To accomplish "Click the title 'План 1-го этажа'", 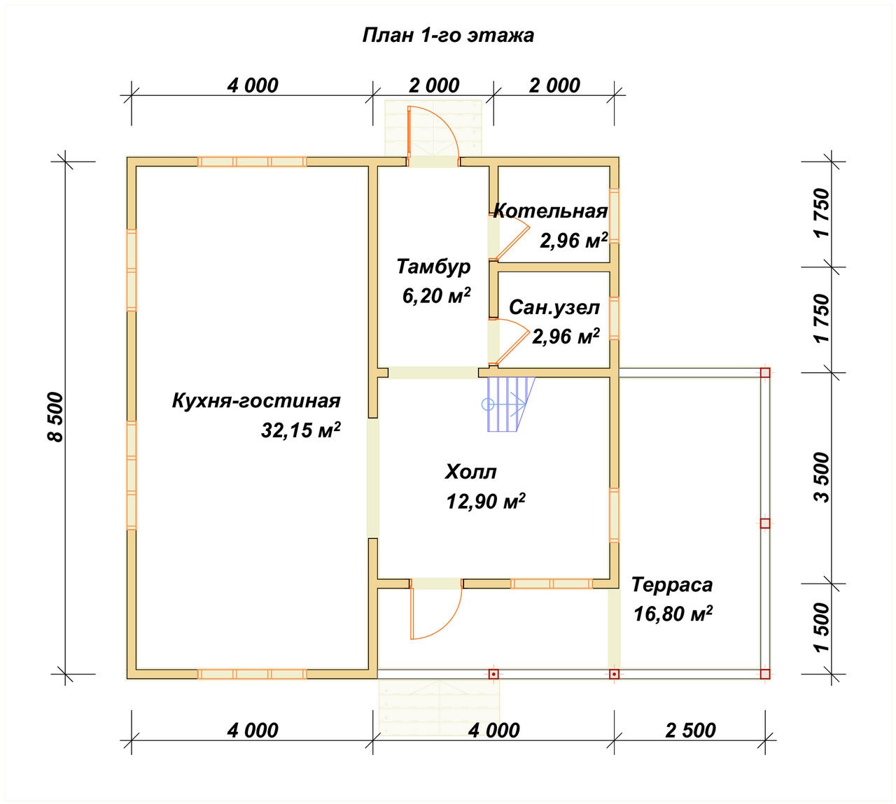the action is click(448, 36).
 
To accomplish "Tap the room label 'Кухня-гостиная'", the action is click(256, 402).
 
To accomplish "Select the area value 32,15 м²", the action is click(301, 430).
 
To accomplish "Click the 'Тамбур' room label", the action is click(433, 267).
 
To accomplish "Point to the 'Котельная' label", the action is click(550, 211).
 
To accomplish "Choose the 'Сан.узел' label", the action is click(554, 308).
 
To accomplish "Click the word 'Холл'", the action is click(470, 472).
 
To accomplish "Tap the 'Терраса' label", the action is click(672, 585).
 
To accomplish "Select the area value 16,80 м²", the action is click(673, 614).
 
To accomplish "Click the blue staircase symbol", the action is click(509, 404).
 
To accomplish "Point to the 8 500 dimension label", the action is click(56, 417).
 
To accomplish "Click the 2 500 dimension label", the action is click(690, 731).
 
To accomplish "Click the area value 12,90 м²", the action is click(486, 501).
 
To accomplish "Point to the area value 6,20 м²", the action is click(436, 295).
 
